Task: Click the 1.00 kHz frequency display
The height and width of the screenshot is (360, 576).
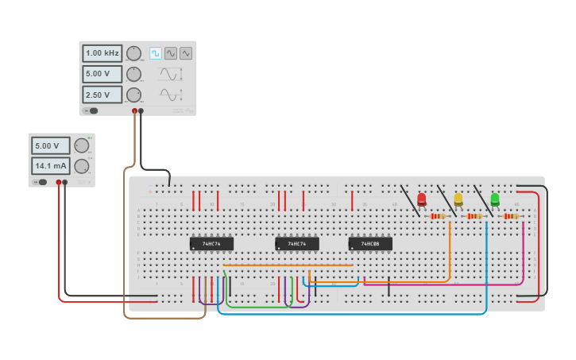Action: [102, 53]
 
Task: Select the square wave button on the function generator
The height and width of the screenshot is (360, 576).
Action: [156, 53]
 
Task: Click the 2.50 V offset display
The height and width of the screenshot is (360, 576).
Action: [102, 95]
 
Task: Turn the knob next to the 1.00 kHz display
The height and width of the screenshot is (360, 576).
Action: [133, 53]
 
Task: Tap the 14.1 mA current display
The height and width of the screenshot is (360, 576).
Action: [50, 166]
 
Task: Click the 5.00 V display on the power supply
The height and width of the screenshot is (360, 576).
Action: [50, 146]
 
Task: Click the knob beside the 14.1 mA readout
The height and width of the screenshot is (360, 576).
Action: [81, 166]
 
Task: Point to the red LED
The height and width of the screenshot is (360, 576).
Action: [422, 199]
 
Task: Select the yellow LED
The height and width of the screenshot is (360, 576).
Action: [458, 199]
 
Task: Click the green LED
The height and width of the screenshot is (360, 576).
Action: [495, 199]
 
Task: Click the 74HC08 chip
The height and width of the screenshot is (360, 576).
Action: [370, 244]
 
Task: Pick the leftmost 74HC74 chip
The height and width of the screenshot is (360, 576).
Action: [211, 244]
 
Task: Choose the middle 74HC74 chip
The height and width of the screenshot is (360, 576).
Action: [297, 244]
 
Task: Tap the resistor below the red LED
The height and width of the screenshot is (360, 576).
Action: [438, 216]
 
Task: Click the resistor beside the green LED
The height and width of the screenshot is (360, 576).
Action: [511, 216]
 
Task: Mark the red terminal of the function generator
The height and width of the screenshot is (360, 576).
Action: [134, 111]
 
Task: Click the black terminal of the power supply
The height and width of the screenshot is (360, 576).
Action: [65, 182]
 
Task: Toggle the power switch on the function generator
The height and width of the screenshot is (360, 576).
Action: [91, 110]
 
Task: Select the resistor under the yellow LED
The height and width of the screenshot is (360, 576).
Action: [474, 216]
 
